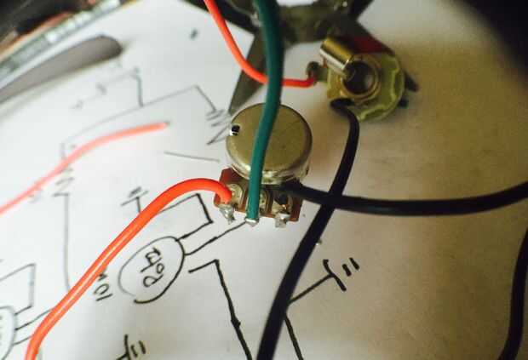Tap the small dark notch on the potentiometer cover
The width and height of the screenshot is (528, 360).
tap(235, 129)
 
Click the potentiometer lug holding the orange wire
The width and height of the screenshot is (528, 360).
tap(227, 208)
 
